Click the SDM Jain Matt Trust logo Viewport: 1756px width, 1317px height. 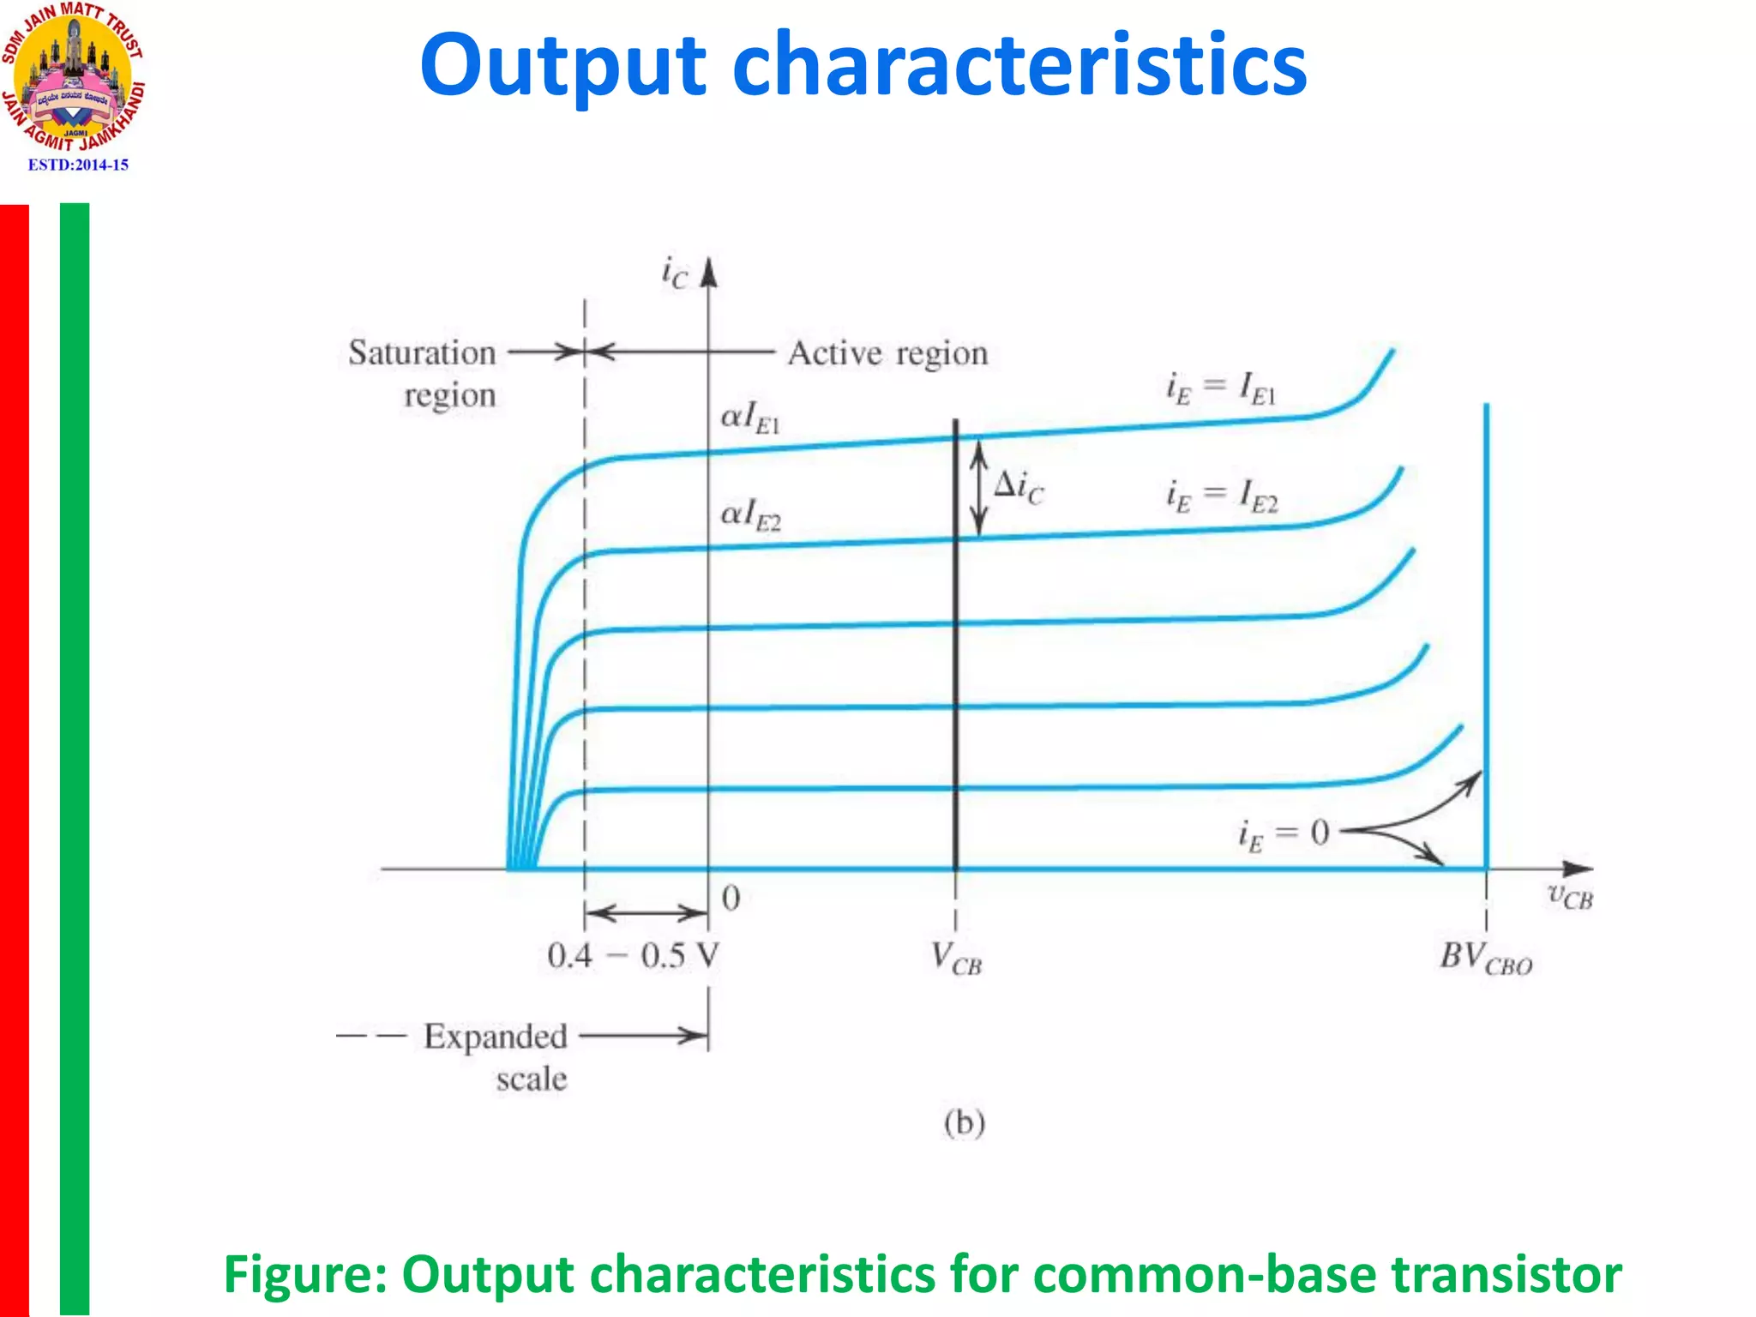point(73,77)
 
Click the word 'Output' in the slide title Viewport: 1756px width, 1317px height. point(562,67)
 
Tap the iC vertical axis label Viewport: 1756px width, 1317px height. point(675,274)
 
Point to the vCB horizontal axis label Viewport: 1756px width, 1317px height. point(1570,896)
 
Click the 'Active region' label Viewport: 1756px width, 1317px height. point(887,353)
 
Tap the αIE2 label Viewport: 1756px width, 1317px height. point(750,515)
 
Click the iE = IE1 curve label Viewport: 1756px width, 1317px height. point(1221,388)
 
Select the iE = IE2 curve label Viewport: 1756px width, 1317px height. point(1222,496)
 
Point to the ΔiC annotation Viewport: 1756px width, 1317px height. point(1019,487)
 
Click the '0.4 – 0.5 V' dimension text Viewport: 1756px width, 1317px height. point(633,955)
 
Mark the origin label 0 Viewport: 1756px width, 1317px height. point(731,899)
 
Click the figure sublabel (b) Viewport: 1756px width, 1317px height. point(965,1122)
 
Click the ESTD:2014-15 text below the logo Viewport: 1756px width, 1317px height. point(78,165)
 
